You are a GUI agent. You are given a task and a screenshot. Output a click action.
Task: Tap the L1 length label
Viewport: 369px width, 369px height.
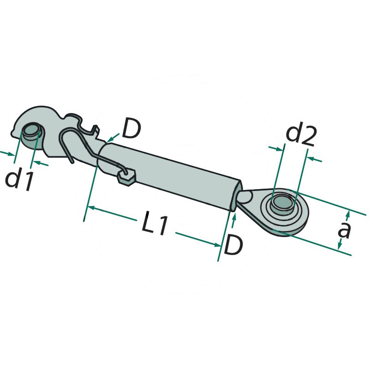click(155, 223)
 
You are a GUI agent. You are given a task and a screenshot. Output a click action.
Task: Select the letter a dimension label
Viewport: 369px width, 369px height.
click(344, 230)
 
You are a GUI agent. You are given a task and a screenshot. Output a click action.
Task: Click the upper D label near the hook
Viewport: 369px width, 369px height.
click(131, 129)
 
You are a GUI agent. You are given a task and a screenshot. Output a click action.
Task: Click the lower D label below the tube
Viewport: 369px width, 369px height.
click(233, 245)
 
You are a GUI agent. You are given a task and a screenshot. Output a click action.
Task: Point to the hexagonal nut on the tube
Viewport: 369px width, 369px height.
click(126, 178)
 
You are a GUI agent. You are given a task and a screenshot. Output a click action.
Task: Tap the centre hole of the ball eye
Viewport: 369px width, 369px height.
click(283, 203)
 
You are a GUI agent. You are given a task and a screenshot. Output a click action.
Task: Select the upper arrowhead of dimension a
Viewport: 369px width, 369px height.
click(348, 214)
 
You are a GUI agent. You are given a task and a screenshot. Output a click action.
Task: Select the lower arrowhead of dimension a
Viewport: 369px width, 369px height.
click(339, 246)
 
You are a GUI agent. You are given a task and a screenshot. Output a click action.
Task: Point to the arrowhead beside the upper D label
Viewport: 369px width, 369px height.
click(108, 140)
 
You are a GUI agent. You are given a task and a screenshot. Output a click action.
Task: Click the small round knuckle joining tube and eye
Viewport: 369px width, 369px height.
click(245, 197)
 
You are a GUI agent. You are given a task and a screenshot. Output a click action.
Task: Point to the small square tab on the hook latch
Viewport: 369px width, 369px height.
click(95, 129)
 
